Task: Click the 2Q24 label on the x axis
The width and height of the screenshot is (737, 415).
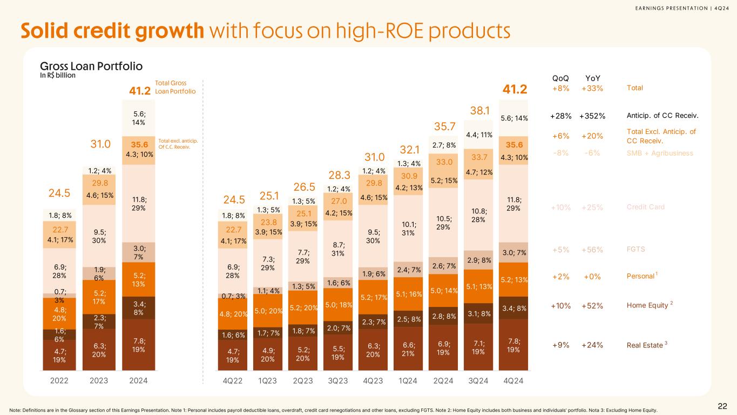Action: click(x=443, y=380)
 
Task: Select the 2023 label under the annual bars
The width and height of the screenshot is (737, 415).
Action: click(x=99, y=380)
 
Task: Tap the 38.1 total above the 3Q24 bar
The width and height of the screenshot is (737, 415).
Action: click(x=478, y=111)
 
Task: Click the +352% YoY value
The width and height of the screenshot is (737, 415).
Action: click(x=592, y=116)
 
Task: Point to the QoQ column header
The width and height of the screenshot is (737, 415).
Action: click(x=560, y=78)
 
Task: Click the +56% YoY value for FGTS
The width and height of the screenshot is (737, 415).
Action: click(x=592, y=250)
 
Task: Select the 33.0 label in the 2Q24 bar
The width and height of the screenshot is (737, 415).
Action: click(x=443, y=162)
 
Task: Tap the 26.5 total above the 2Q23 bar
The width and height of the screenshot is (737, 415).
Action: click(x=303, y=187)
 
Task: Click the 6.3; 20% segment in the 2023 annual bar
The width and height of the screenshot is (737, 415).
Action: click(x=99, y=349)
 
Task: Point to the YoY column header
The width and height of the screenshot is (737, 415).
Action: click(x=592, y=78)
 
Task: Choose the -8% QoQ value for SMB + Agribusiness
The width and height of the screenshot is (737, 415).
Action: click(x=560, y=153)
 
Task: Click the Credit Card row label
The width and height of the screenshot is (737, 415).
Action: click(x=645, y=207)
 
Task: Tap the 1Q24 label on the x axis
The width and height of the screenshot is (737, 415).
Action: click(x=408, y=380)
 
